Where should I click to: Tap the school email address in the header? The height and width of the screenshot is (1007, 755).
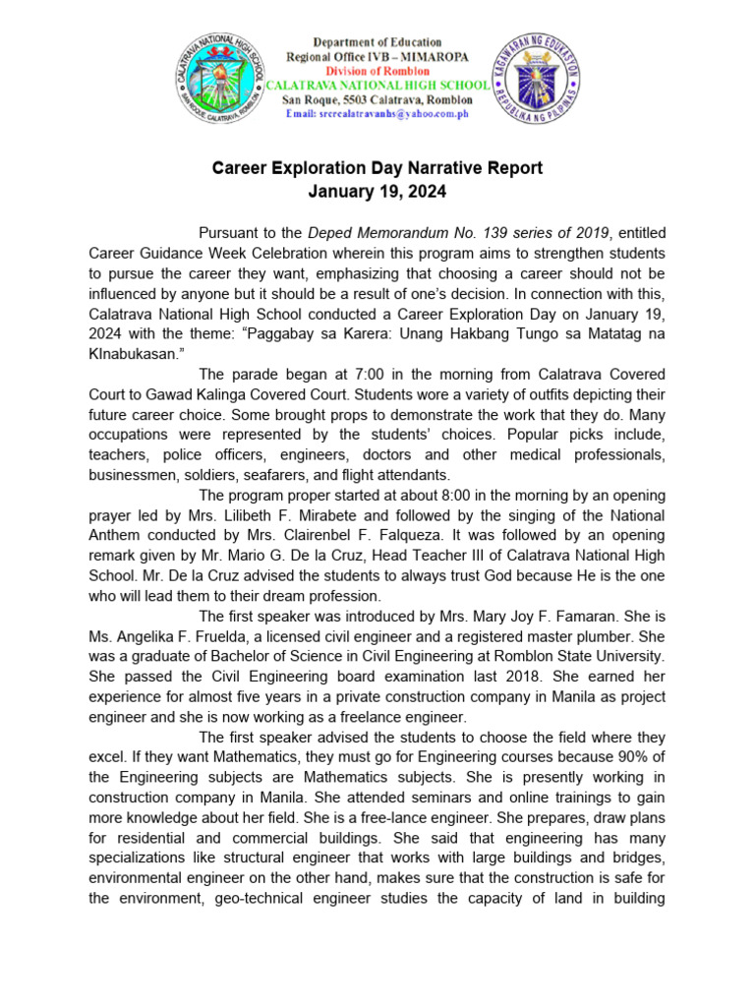point(377,115)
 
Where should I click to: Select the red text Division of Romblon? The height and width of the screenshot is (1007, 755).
point(377,72)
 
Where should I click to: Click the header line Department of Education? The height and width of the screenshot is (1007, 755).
point(377,43)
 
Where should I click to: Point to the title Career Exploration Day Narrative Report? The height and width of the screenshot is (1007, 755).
point(377,168)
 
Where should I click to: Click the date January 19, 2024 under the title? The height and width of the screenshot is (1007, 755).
point(377,193)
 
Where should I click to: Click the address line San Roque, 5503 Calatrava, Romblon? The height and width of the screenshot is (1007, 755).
point(377,100)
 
